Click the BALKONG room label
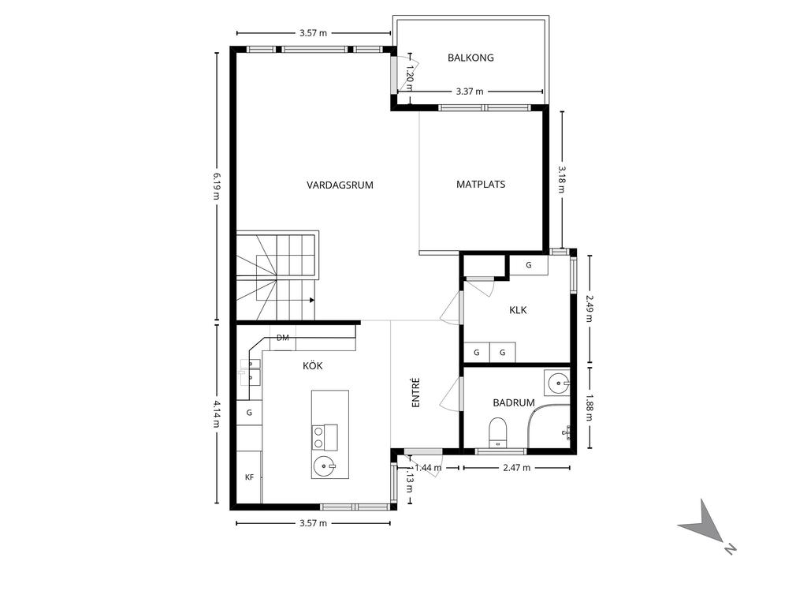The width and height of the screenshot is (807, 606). [x=470, y=58]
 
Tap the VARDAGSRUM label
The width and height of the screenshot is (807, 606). [x=340, y=185]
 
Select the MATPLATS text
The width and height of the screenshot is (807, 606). [x=481, y=184]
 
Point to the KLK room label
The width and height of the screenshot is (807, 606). [x=518, y=309]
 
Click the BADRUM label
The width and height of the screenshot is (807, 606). [x=514, y=402]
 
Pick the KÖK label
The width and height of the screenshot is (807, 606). [x=312, y=365]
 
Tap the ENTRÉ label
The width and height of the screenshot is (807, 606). [x=416, y=393]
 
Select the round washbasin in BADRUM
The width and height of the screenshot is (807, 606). [x=557, y=383]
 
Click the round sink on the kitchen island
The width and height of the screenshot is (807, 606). [x=324, y=467]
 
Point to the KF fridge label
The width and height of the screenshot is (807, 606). [x=250, y=477]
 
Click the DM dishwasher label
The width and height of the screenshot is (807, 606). [x=283, y=338]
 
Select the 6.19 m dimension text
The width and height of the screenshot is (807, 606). [x=217, y=185]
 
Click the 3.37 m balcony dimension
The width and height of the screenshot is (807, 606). [x=470, y=92]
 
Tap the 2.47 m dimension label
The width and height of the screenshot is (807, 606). [x=516, y=468]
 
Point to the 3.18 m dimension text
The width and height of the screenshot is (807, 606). [x=561, y=178]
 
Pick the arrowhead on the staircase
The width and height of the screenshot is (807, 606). [x=312, y=300]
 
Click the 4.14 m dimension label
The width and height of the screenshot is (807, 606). [x=217, y=413]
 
